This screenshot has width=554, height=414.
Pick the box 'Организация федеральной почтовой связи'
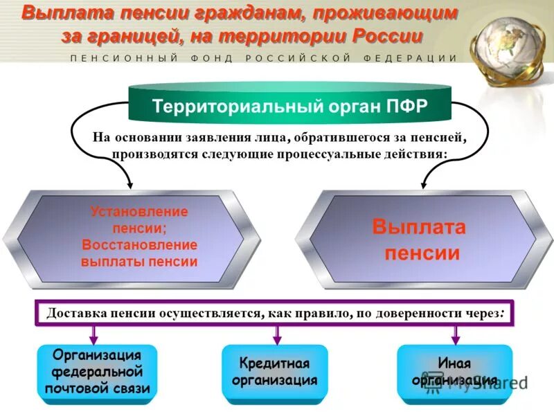tap(97, 372)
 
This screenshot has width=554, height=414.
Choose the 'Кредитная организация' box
tap(274, 372)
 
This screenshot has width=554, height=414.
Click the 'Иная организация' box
tap(455, 372)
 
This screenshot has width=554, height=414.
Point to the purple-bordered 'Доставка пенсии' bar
tap(277, 312)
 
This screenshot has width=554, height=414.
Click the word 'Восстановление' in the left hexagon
tap(139, 245)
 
